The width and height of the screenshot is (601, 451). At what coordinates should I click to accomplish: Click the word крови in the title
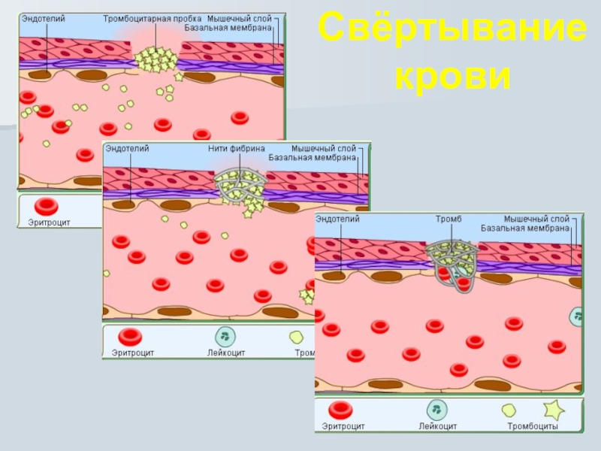point(452,77)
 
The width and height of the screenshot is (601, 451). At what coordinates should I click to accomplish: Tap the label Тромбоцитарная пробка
point(153,17)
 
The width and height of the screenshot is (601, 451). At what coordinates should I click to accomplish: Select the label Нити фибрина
point(237,149)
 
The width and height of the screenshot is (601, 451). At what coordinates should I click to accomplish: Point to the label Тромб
point(448,219)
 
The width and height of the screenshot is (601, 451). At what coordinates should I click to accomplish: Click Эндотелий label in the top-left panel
point(43,17)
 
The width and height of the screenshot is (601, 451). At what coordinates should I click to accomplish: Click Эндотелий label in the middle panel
point(127,149)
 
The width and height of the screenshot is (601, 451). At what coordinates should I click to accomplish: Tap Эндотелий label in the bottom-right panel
point(337,219)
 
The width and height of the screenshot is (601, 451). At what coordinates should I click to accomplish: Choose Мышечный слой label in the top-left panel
point(239,17)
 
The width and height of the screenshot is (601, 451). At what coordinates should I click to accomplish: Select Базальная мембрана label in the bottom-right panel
point(525,228)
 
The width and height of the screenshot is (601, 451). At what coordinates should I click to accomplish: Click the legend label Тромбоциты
point(532,426)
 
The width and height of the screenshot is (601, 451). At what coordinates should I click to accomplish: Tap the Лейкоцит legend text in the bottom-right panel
point(438,426)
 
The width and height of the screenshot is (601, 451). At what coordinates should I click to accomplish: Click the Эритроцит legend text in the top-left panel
point(49,222)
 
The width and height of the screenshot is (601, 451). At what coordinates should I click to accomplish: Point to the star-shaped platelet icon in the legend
point(554,409)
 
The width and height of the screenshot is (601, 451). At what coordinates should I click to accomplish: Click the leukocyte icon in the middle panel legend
point(225,336)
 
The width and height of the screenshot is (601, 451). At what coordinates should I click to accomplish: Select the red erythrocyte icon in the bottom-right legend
point(341,410)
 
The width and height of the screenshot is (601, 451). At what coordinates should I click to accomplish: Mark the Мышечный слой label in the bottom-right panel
point(536,219)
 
